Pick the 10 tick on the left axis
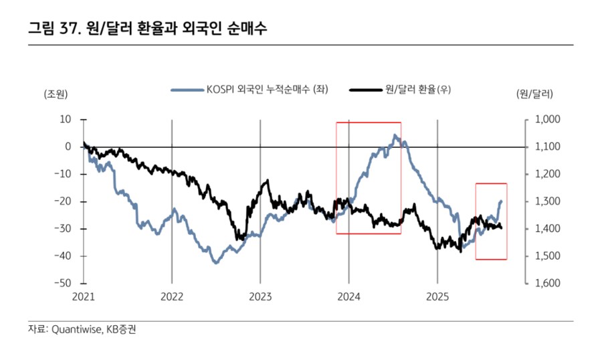[66, 119]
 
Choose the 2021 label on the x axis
[84, 296]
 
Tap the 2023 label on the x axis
[260, 296]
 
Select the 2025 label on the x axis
[437, 296]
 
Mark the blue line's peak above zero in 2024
[395, 135]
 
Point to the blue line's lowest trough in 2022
[215, 263]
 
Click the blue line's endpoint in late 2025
[502, 201]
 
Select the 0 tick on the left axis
[68, 147]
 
